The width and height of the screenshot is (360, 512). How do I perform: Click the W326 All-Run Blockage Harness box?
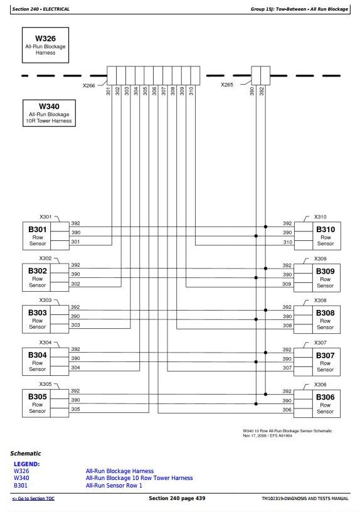coord(45,45)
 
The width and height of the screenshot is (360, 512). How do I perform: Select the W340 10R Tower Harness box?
coord(49,113)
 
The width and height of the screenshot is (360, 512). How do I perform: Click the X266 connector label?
coord(89,85)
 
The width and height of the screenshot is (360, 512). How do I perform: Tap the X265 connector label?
coord(227,85)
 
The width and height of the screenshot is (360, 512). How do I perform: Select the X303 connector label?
coord(45,300)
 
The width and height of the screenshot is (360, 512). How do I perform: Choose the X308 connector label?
coord(320,300)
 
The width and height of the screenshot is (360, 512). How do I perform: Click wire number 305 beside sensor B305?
coord(75,409)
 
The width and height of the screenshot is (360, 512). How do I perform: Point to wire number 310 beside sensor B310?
coord(287,242)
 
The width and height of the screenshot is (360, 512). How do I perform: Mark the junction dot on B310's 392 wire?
coord(266,227)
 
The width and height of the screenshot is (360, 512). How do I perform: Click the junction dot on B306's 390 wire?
coord(256,403)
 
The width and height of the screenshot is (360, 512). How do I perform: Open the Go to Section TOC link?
coord(33,498)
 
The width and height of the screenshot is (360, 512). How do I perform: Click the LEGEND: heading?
coord(27,464)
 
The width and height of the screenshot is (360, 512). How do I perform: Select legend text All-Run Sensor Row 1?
coord(114,486)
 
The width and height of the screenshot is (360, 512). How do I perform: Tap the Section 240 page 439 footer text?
coord(177,498)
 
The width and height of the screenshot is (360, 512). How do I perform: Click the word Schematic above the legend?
coord(26,453)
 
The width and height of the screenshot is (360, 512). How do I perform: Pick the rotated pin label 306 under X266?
coord(154,91)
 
